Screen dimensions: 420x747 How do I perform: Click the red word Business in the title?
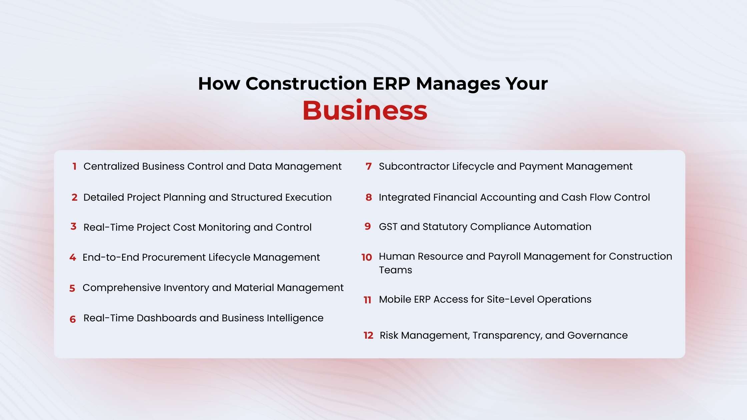coord(364,111)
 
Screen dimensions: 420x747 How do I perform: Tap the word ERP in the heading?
coord(391,83)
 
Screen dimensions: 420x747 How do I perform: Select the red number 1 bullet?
coord(74,166)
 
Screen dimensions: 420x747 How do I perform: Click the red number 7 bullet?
coord(368,166)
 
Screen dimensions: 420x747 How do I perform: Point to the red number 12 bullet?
coord(368,335)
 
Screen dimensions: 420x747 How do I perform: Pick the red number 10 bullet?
coord(366,257)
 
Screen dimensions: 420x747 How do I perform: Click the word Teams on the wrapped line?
coord(395,270)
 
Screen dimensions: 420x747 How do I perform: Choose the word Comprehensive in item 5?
coord(121,288)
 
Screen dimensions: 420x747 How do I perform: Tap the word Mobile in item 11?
coord(395,299)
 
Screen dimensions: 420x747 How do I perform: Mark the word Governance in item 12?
coord(597,335)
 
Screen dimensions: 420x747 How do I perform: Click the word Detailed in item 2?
coord(103,197)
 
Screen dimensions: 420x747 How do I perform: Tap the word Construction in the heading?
coord(306,83)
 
